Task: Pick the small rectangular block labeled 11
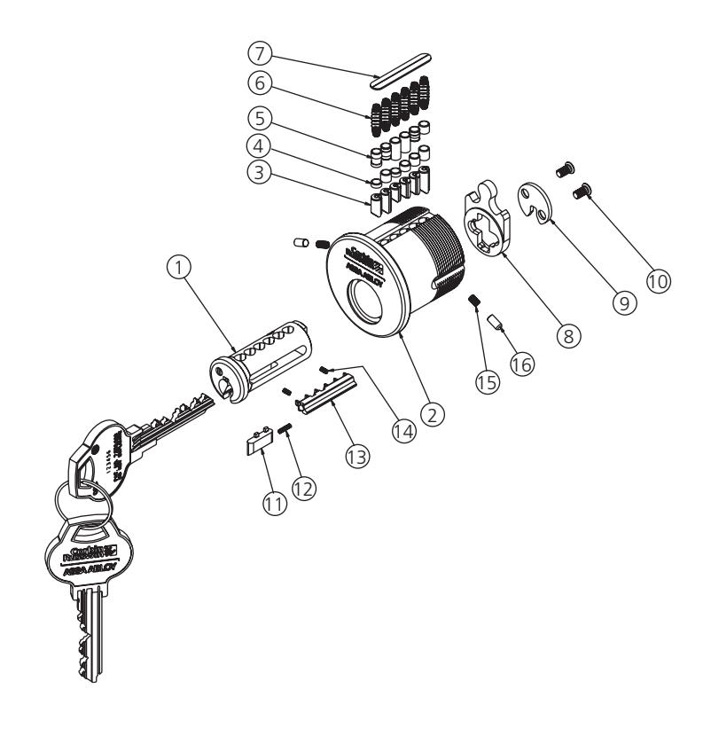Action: (257, 442)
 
